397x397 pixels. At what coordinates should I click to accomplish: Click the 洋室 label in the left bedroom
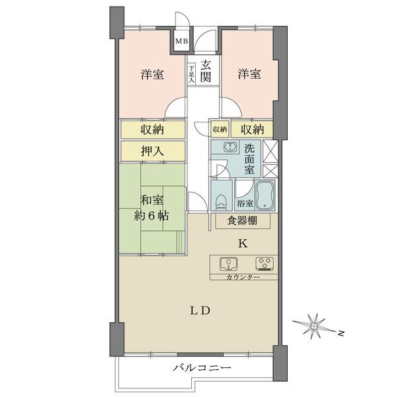click(x=152, y=74)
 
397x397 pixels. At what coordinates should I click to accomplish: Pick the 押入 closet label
click(x=152, y=151)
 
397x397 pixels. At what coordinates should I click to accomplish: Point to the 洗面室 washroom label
click(x=248, y=159)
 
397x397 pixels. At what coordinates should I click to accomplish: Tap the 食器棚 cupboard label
click(x=242, y=222)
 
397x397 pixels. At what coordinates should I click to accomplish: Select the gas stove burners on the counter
click(x=266, y=265)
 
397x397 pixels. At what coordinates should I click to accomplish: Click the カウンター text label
click(x=243, y=277)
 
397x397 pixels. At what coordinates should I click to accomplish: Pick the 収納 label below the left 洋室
click(x=152, y=129)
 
